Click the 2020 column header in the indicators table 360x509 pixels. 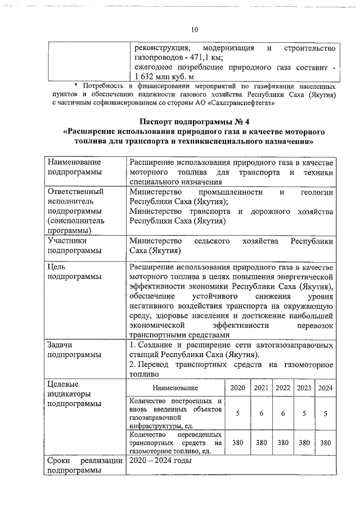(x=238, y=388)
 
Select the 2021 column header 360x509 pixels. (x=261, y=388)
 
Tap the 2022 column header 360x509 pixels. (x=283, y=388)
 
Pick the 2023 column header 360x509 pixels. (x=304, y=388)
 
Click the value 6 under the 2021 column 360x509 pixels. (x=261, y=413)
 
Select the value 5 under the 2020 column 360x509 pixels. (x=238, y=413)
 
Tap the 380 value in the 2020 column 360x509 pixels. (x=238, y=443)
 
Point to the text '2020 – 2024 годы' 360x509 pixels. (x=161, y=461)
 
